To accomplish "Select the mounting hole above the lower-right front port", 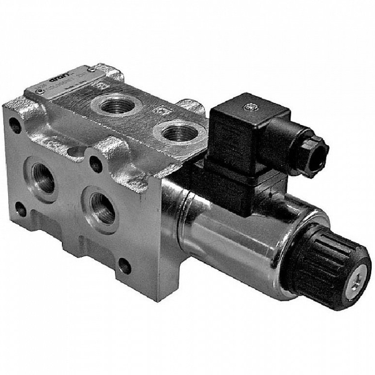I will click(x=95, y=165).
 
